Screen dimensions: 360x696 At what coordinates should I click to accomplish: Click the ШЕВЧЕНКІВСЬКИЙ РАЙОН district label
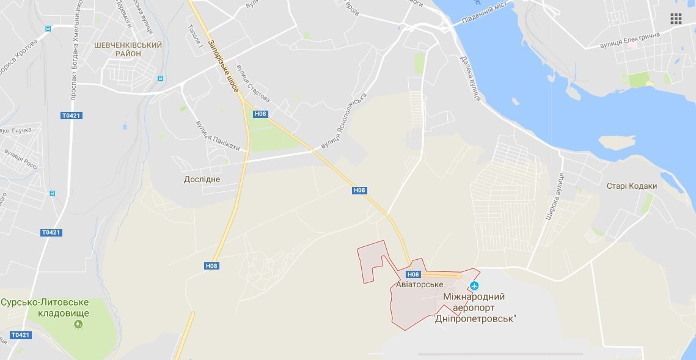(x=128, y=50)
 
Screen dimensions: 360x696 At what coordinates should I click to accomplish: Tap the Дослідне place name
(x=202, y=180)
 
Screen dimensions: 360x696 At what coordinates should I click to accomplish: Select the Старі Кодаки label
(x=632, y=186)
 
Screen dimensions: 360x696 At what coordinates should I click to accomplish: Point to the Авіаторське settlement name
(x=419, y=285)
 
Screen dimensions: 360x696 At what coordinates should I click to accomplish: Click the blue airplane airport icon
(x=474, y=285)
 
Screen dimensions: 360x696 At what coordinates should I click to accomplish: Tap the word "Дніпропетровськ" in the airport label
(x=474, y=318)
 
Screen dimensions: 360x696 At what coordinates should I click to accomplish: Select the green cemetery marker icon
(x=78, y=325)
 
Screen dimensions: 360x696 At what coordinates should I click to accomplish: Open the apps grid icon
(x=676, y=18)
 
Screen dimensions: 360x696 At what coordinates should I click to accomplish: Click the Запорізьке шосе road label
(x=222, y=66)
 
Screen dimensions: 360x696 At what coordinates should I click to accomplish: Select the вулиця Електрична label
(x=629, y=40)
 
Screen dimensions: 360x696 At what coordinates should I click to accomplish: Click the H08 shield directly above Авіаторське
(x=413, y=274)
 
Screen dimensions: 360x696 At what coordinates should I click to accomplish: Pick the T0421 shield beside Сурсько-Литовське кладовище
(x=20, y=335)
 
